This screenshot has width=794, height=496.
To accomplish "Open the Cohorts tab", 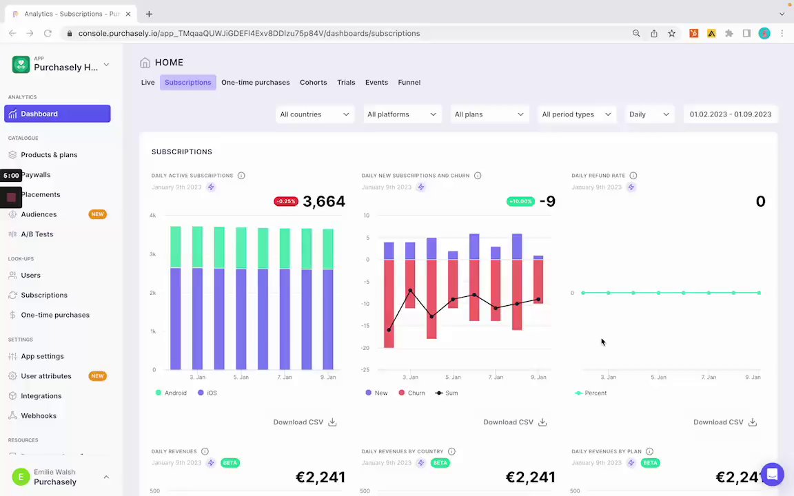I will point(313,83).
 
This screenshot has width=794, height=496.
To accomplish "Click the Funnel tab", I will point(409,83).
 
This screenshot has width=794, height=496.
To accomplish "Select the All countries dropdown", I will point(314,114).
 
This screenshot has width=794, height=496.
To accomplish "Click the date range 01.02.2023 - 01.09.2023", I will point(730,114).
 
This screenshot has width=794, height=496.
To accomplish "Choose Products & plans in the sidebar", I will point(49,155).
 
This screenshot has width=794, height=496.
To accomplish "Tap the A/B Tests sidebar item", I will point(37,234).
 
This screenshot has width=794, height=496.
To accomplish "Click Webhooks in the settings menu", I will point(39,416).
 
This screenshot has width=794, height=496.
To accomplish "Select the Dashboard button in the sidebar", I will point(57,114).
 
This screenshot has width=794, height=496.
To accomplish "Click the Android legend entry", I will point(175,393).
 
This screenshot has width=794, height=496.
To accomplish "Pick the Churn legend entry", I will point(416,393).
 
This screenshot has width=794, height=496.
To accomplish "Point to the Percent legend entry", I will point(595,393).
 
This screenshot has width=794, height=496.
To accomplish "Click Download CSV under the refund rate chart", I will point(724,422).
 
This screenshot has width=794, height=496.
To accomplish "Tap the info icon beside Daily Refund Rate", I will point(633,176).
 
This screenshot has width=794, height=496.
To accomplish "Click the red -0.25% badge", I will point(285,201).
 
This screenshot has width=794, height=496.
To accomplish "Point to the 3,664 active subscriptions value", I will point(324,201).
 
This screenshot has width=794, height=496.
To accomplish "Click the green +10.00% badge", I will point(520,201).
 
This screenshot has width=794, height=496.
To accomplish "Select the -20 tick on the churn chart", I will point(366,348).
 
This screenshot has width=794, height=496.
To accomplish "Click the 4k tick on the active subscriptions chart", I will point(152,216).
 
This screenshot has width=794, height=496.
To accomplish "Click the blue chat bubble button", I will point(772,475).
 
